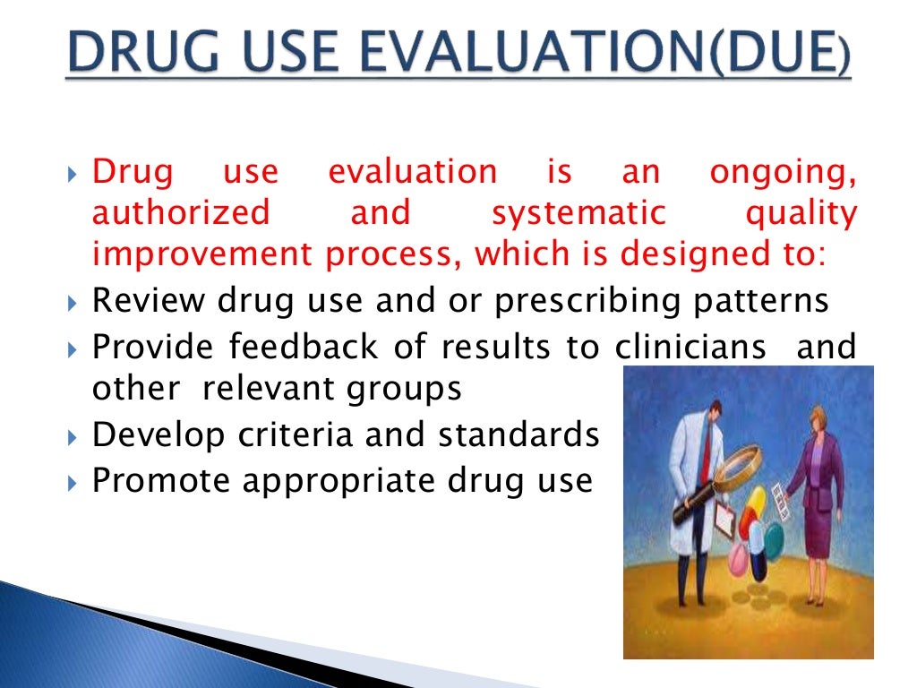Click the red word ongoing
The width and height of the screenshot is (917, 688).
(783, 171)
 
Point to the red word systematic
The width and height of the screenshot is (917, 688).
(578, 213)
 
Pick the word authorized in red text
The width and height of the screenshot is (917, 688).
(181, 213)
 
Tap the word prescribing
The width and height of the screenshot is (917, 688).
(581, 300)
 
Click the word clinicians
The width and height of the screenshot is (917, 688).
(690, 345)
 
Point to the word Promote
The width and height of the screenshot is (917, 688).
(162, 481)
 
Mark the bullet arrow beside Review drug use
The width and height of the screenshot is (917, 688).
(73, 302)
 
